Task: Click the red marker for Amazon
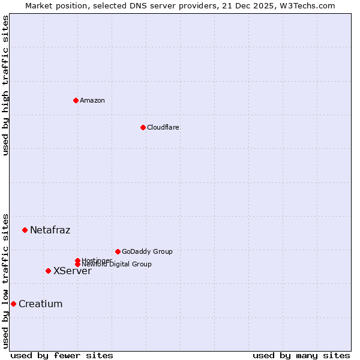(x=76, y=100)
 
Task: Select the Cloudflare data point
(x=143, y=127)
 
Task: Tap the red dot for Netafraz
(x=25, y=230)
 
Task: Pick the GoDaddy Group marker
(x=118, y=251)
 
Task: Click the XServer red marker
(x=48, y=271)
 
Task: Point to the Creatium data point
(x=13, y=304)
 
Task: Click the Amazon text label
(x=92, y=100)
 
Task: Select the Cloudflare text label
(x=163, y=127)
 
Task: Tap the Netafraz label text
(x=50, y=230)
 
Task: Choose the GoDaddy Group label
(x=147, y=251)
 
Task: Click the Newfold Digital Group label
(x=116, y=264)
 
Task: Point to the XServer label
(x=72, y=271)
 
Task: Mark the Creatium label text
(x=40, y=304)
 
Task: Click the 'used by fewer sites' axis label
(x=62, y=355)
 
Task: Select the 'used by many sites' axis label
(x=301, y=355)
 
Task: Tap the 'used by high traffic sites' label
(x=5, y=85)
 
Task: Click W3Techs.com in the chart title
(x=310, y=5)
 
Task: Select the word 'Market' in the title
(x=38, y=5)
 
